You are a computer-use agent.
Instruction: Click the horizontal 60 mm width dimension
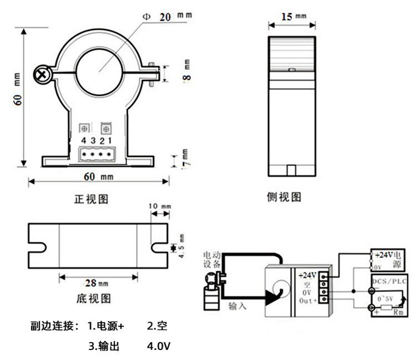(x=98, y=176)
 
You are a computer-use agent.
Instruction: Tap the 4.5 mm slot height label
(x=180, y=245)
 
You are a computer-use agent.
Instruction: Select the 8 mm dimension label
(x=186, y=72)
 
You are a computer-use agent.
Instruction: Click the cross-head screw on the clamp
(x=42, y=73)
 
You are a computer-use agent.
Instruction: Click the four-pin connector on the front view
(x=97, y=155)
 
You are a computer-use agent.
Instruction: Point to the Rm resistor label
(x=398, y=313)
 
